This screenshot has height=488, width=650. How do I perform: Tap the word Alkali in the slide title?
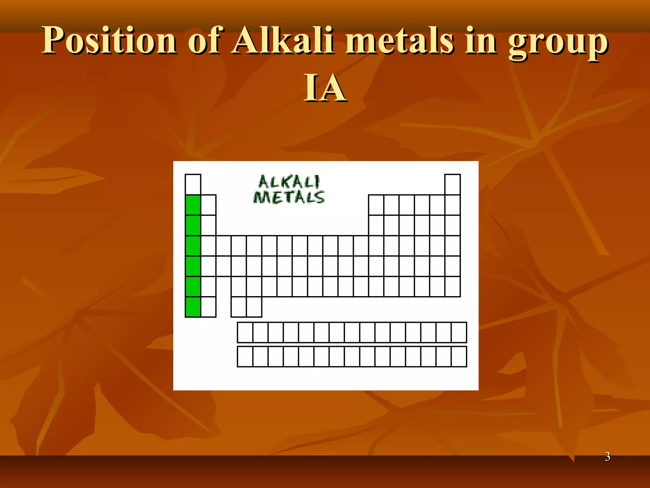point(282,41)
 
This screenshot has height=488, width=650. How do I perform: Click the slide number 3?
point(607,457)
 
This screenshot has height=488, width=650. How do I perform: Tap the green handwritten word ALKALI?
point(289,182)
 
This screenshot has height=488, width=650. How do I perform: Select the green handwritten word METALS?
point(289,197)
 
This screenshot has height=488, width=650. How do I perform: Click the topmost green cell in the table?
point(193,205)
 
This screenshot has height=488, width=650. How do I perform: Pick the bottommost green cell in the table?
point(193,307)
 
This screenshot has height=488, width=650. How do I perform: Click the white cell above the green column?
point(193,184)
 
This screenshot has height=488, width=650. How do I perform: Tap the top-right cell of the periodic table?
point(452,184)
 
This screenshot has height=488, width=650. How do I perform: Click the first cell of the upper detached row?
point(245,332)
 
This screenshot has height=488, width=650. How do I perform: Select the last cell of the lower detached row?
point(459,356)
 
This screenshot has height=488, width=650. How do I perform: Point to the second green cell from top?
point(193,225)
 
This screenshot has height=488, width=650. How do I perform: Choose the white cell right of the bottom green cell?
point(209,307)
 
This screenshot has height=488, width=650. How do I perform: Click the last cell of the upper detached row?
point(459,332)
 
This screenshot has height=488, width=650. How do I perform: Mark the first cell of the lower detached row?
point(245,356)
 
